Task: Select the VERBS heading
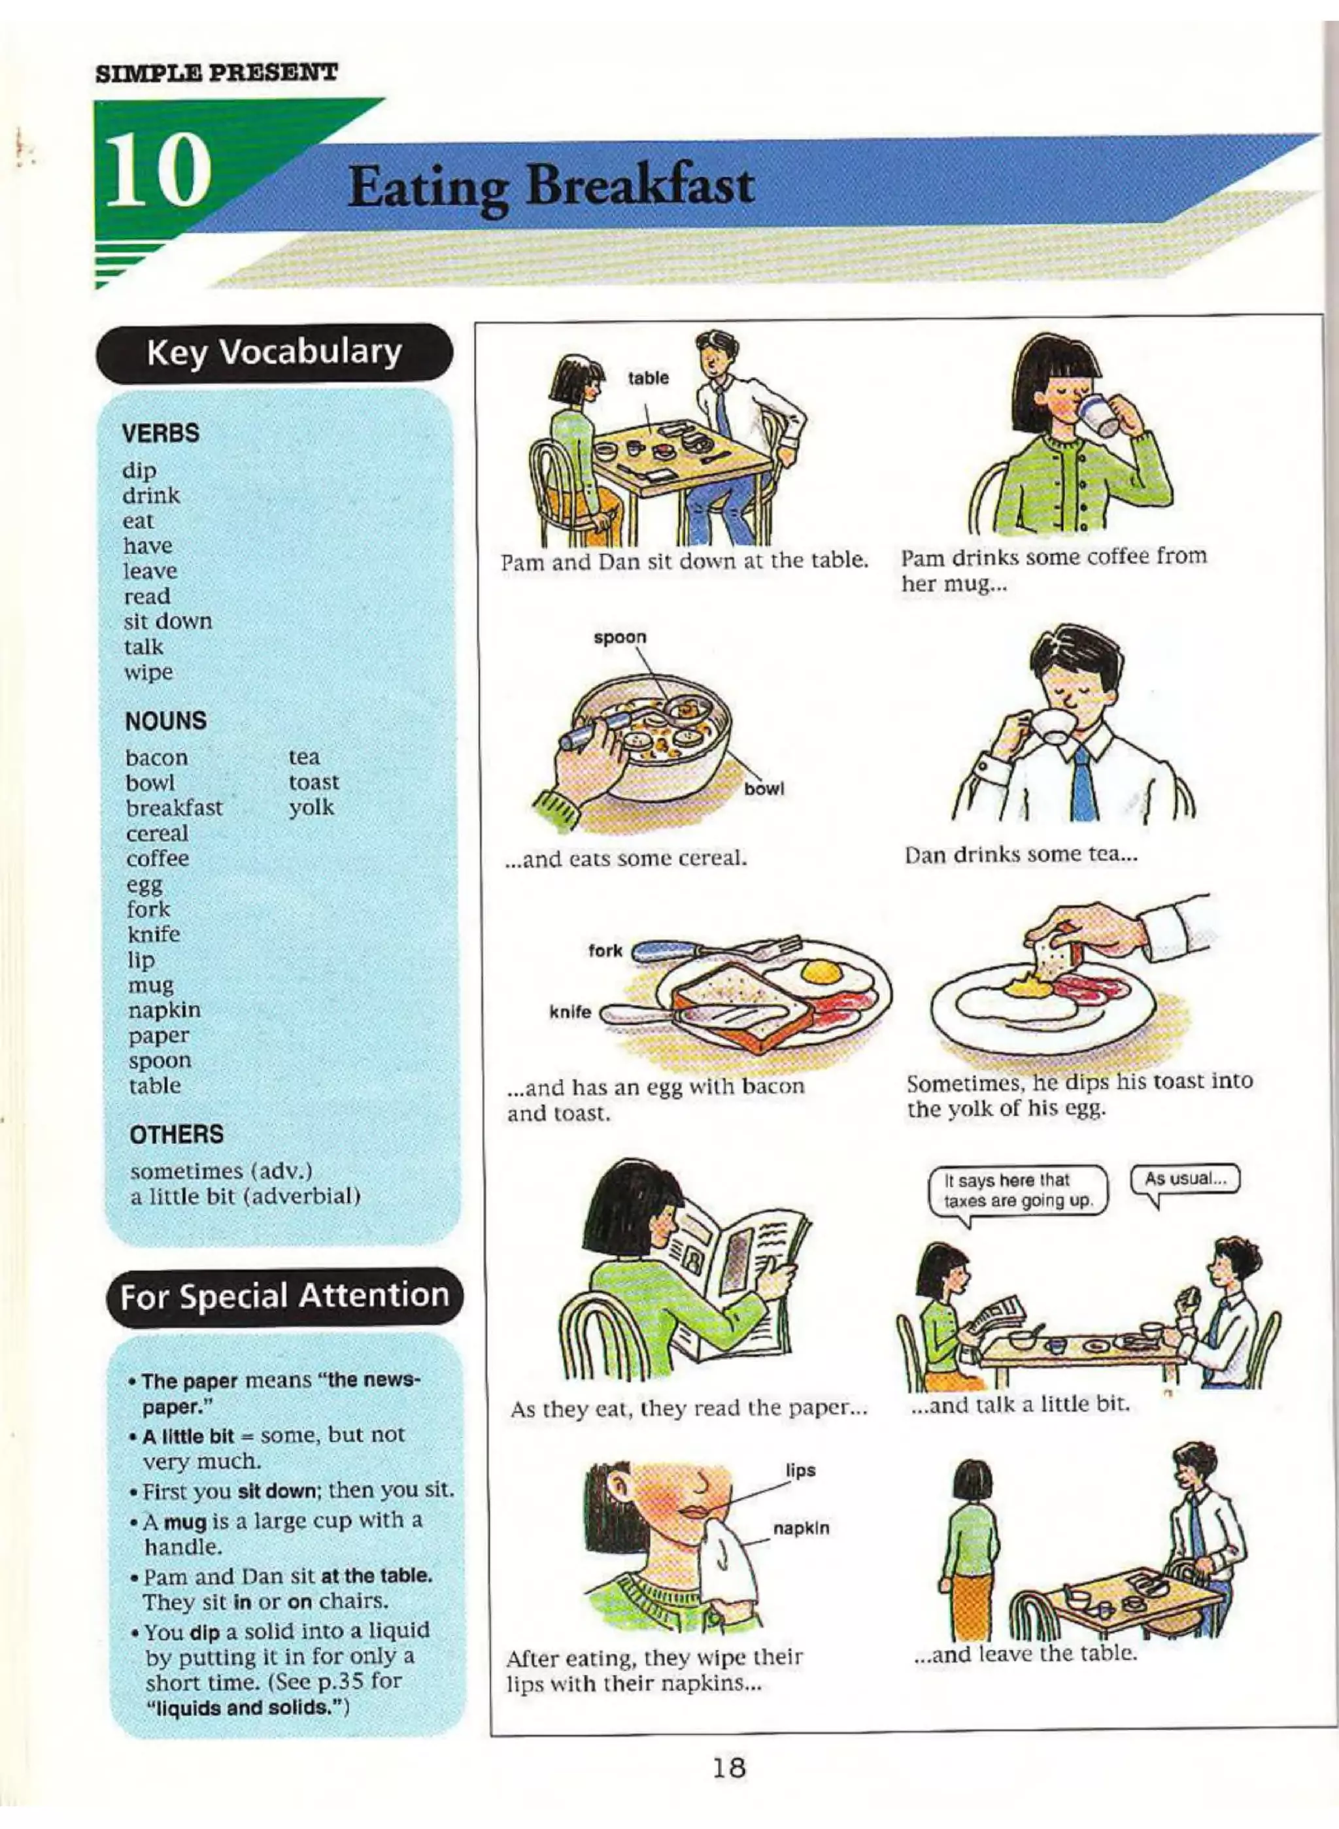click(x=160, y=433)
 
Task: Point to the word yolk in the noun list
click(x=311, y=808)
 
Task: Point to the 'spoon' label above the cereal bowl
click(x=620, y=637)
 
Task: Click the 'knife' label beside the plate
click(x=571, y=1012)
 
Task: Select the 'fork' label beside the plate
click(x=605, y=950)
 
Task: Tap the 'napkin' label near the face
click(x=801, y=1528)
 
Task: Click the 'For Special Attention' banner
click(x=284, y=1295)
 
